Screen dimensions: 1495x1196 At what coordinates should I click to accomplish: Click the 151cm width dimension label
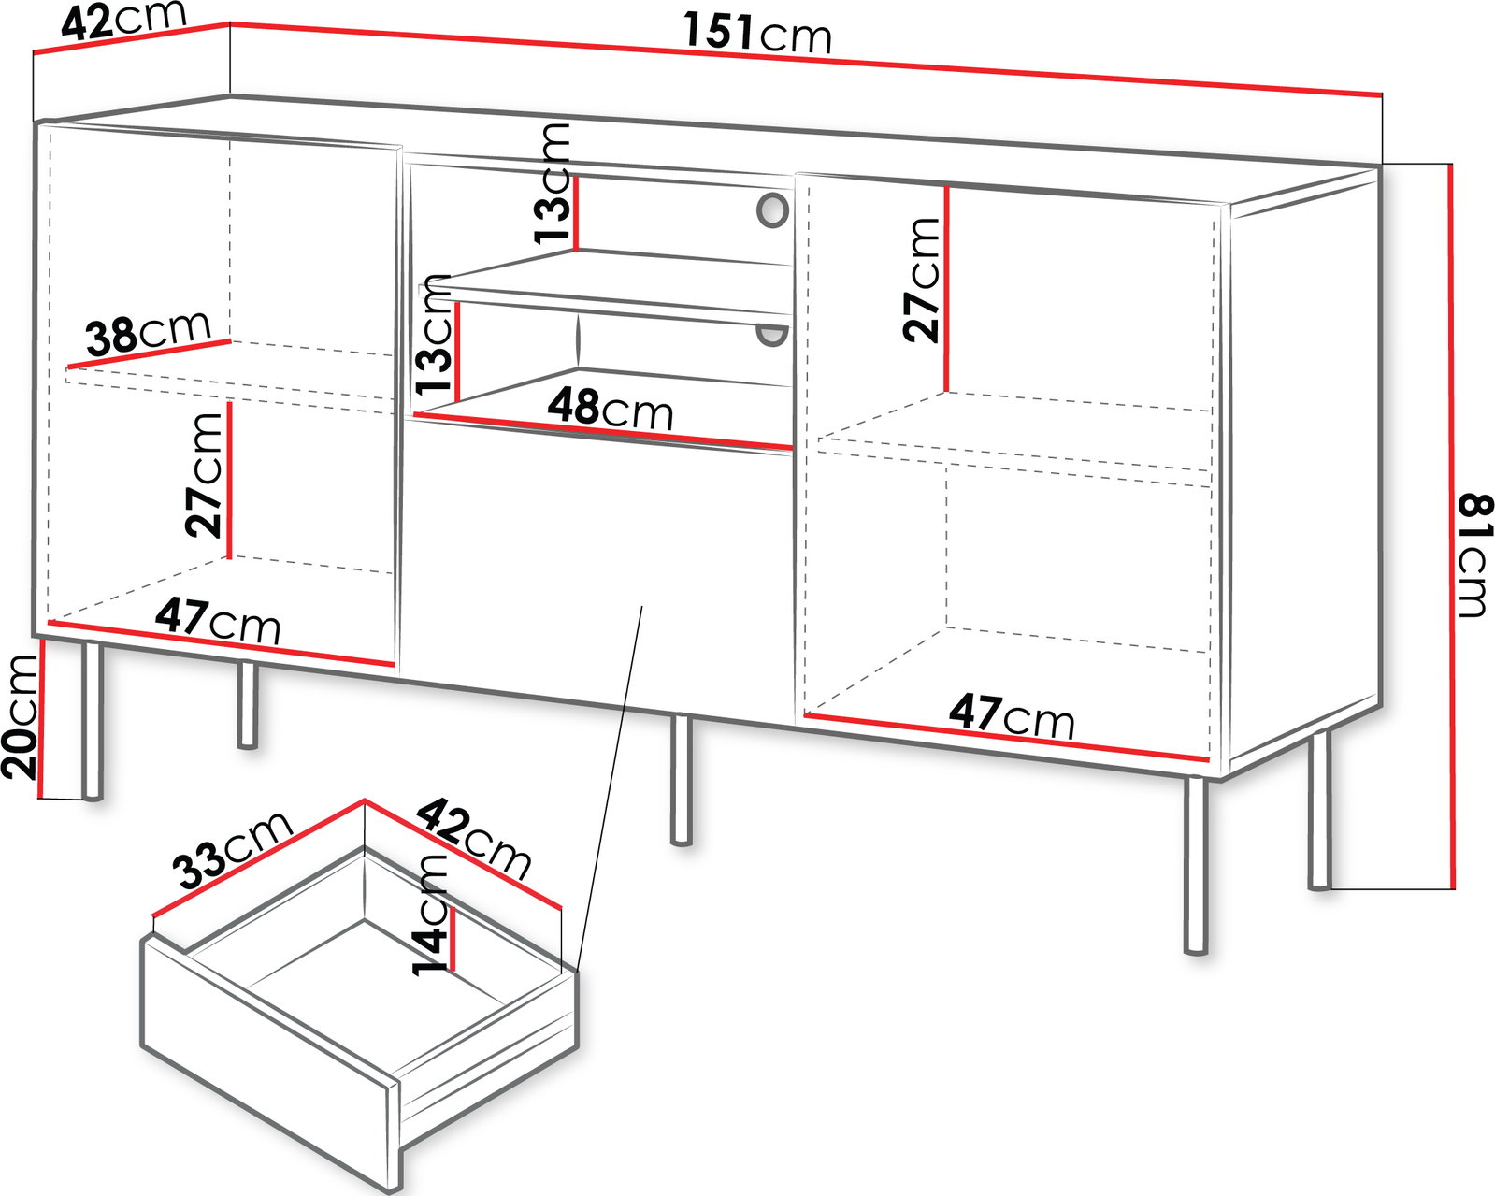757,34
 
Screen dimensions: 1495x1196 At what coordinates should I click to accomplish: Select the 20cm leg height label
20,715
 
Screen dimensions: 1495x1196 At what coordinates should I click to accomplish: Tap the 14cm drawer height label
430,914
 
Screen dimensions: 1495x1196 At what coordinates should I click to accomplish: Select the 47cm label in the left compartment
218,620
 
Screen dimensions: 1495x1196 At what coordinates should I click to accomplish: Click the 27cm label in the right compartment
921,280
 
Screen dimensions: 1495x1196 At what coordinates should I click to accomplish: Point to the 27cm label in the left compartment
204,476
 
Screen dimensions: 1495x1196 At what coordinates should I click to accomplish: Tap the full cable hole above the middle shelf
772,209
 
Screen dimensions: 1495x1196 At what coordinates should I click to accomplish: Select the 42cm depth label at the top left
123,21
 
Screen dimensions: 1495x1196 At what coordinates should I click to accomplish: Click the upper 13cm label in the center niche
553,183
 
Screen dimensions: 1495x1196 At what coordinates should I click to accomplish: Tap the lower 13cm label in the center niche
433,334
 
